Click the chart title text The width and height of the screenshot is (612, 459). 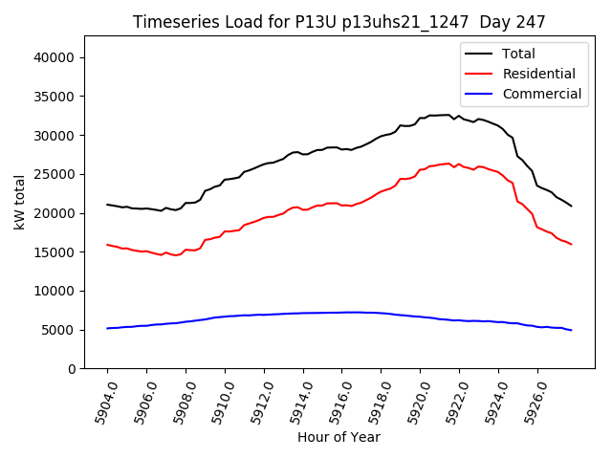click(x=339, y=22)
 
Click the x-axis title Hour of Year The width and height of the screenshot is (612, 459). click(x=339, y=437)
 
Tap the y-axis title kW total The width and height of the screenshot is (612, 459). click(x=19, y=202)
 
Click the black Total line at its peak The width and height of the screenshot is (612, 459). click(x=448, y=115)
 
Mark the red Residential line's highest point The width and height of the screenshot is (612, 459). click(x=448, y=164)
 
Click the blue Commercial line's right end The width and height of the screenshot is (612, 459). click(x=571, y=330)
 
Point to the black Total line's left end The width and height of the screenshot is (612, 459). click(x=107, y=205)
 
